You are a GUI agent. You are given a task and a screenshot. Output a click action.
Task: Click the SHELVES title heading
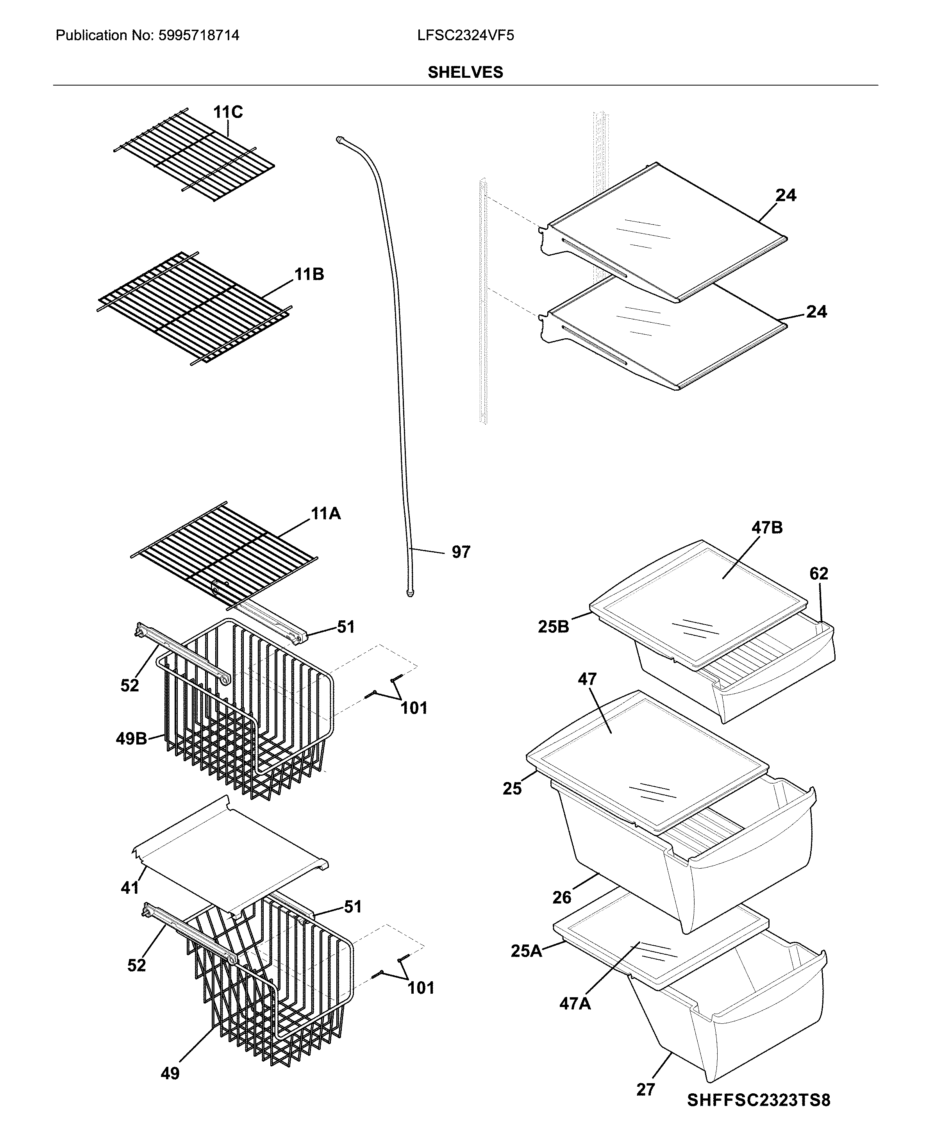click(x=465, y=72)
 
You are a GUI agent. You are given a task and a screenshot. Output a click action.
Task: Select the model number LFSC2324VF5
click(x=465, y=36)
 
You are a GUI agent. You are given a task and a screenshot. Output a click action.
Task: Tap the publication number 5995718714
click(x=198, y=36)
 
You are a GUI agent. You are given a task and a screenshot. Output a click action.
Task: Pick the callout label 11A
click(x=326, y=514)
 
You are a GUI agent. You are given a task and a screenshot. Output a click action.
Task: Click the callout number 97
click(x=461, y=552)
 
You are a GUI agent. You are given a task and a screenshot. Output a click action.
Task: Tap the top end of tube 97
click(x=340, y=139)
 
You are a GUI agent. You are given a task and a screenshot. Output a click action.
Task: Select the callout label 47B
click(x=767, y=527)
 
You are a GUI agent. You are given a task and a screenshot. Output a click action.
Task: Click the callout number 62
click(x=818, y=573)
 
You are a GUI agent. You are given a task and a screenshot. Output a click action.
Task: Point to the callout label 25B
click(x=553, y=627)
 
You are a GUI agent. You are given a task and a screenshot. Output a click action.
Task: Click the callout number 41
click(x=130, y=887)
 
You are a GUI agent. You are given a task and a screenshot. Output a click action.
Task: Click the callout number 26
click(x=561, y=898)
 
